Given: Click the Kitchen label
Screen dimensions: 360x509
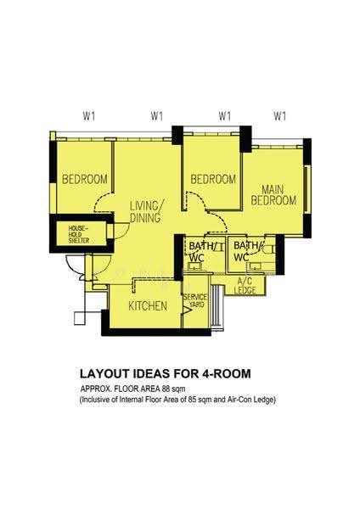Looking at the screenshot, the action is [x=148, y=305].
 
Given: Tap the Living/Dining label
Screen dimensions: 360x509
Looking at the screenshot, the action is [x=147, y=211].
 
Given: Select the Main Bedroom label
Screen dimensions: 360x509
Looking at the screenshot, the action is [x=273, y=195].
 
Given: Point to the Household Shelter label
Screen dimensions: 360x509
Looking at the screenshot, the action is [x=79, y=235].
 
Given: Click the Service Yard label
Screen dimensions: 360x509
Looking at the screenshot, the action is [x=195, y=300].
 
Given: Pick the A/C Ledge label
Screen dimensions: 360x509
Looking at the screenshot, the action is [x=245, y=286].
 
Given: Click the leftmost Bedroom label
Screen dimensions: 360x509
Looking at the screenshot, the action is [x=85, y=179].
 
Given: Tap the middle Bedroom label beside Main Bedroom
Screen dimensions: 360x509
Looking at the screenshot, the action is [x=213, y=179].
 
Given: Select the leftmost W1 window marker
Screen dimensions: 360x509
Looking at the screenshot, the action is [x=88, y=116].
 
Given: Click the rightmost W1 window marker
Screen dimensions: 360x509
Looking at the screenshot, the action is [x=279, y=116].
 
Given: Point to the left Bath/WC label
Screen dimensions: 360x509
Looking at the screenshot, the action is [x=200, y=252].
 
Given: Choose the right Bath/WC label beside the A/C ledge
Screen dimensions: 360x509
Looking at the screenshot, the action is [x=246, y=251].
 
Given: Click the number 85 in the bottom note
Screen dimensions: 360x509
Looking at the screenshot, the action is [x=191, y=400].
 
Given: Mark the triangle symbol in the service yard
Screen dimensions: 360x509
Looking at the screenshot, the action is [x=187, y=310].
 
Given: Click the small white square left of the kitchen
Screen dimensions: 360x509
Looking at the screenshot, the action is [x=79, y=318].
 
